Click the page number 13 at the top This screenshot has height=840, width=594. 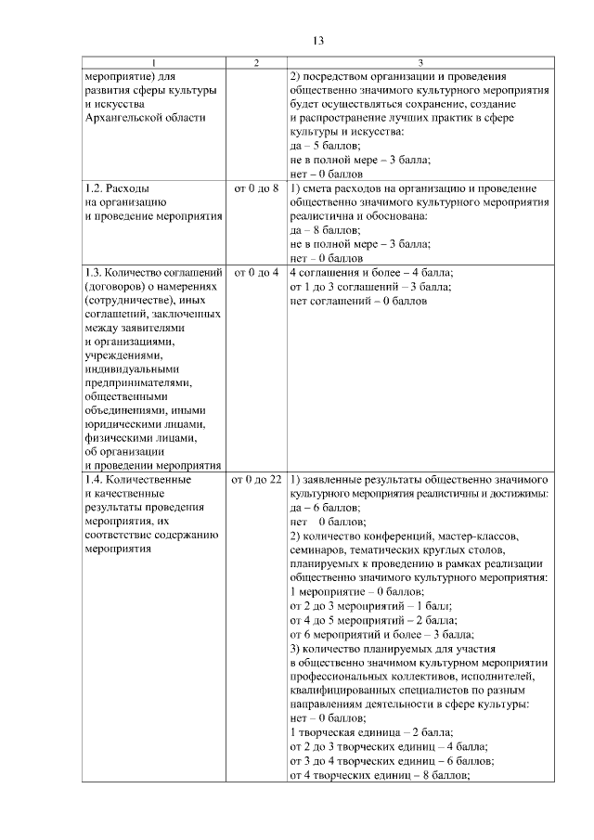point(316,40)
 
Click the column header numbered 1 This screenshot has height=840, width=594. point(154,62)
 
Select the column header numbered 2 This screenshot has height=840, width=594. point(255,62)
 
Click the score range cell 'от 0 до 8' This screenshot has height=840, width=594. point(255,188)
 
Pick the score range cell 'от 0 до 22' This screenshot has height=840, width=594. point(255,480)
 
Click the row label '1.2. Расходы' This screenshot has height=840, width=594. point(116,188)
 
